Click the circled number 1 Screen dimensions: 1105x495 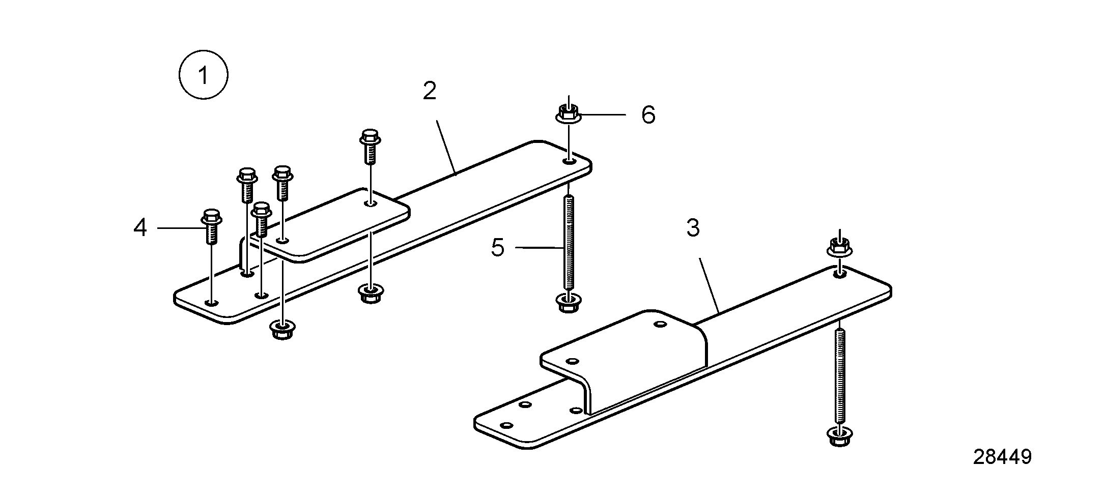click(x=203, y=75)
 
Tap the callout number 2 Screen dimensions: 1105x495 click(x=430, y=91)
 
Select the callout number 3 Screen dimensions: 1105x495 click(x=693, y=228)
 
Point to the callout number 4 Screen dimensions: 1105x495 click(x=140, y=227)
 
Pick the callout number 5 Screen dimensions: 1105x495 click(x=497, y=248)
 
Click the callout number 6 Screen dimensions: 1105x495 click(x=648, y=114)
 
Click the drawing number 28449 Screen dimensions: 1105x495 click(x=1002, y=457)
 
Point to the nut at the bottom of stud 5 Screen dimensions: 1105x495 click(x=568, y=303)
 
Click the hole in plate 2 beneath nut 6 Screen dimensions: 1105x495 click(x=569, y=161)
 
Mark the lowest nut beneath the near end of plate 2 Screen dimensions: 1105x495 click(x=282, y=329)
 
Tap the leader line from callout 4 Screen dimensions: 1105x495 click(x=180, y=228)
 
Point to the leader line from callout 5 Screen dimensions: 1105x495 click(x=540, y=248)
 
